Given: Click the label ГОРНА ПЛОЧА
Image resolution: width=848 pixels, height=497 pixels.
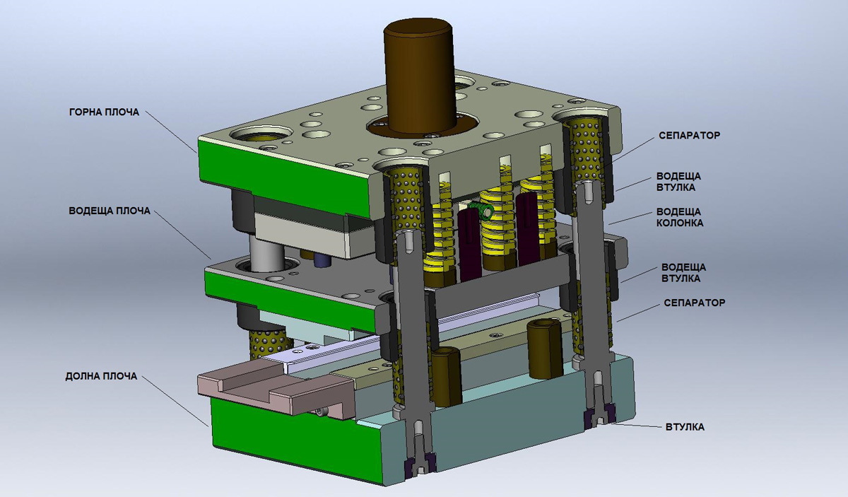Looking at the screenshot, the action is pos(104,112).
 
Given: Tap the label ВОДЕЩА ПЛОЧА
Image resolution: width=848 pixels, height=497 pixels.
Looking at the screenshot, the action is pos(110,211).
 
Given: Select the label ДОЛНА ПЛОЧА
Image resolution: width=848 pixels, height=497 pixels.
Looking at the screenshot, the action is pos(101,376).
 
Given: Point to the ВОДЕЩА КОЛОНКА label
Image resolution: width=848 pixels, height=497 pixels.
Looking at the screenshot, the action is pos(679,217).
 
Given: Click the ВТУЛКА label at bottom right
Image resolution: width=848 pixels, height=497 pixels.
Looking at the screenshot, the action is pos(685,427).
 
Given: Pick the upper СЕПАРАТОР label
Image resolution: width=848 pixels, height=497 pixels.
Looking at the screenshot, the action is pos(689,136).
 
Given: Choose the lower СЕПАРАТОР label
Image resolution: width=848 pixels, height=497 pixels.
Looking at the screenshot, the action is pos(694,303).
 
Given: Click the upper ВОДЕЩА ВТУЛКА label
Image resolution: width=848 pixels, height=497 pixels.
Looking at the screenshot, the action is pos(678,182).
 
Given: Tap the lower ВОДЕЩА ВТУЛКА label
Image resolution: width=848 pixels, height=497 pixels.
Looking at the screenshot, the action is pos(683,273).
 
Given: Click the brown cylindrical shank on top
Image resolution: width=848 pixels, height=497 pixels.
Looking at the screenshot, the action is pos(420,76).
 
